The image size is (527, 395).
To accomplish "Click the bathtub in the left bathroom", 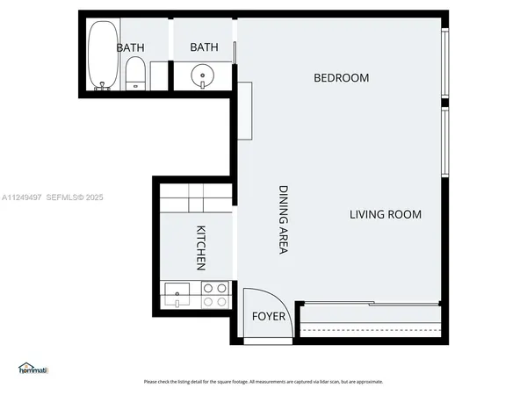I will [102, 54].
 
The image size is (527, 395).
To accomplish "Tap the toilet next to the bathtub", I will [134, 73].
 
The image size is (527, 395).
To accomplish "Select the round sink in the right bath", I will [204, 75].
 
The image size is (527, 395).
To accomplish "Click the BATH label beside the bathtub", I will [131, 47].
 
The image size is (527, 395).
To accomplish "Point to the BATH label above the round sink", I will [204, 47].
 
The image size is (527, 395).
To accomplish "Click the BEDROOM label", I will [342, 78].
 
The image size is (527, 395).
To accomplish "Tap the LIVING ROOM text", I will [386, 214].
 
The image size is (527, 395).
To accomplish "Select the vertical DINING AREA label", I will [284, 219].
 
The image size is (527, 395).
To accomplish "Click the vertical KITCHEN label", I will [200, 248].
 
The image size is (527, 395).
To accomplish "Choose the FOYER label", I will [269, 316].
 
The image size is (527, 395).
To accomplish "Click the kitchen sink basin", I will [177, 294].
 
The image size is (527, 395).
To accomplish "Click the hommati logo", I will [32, 369].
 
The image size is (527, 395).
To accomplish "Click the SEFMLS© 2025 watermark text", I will [75, 197].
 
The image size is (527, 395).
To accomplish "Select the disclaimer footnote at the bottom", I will [263, 382].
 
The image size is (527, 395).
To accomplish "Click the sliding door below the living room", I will [369, 305].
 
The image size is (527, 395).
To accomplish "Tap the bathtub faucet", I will [103, 86].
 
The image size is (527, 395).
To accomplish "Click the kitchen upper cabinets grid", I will [195, 197].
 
